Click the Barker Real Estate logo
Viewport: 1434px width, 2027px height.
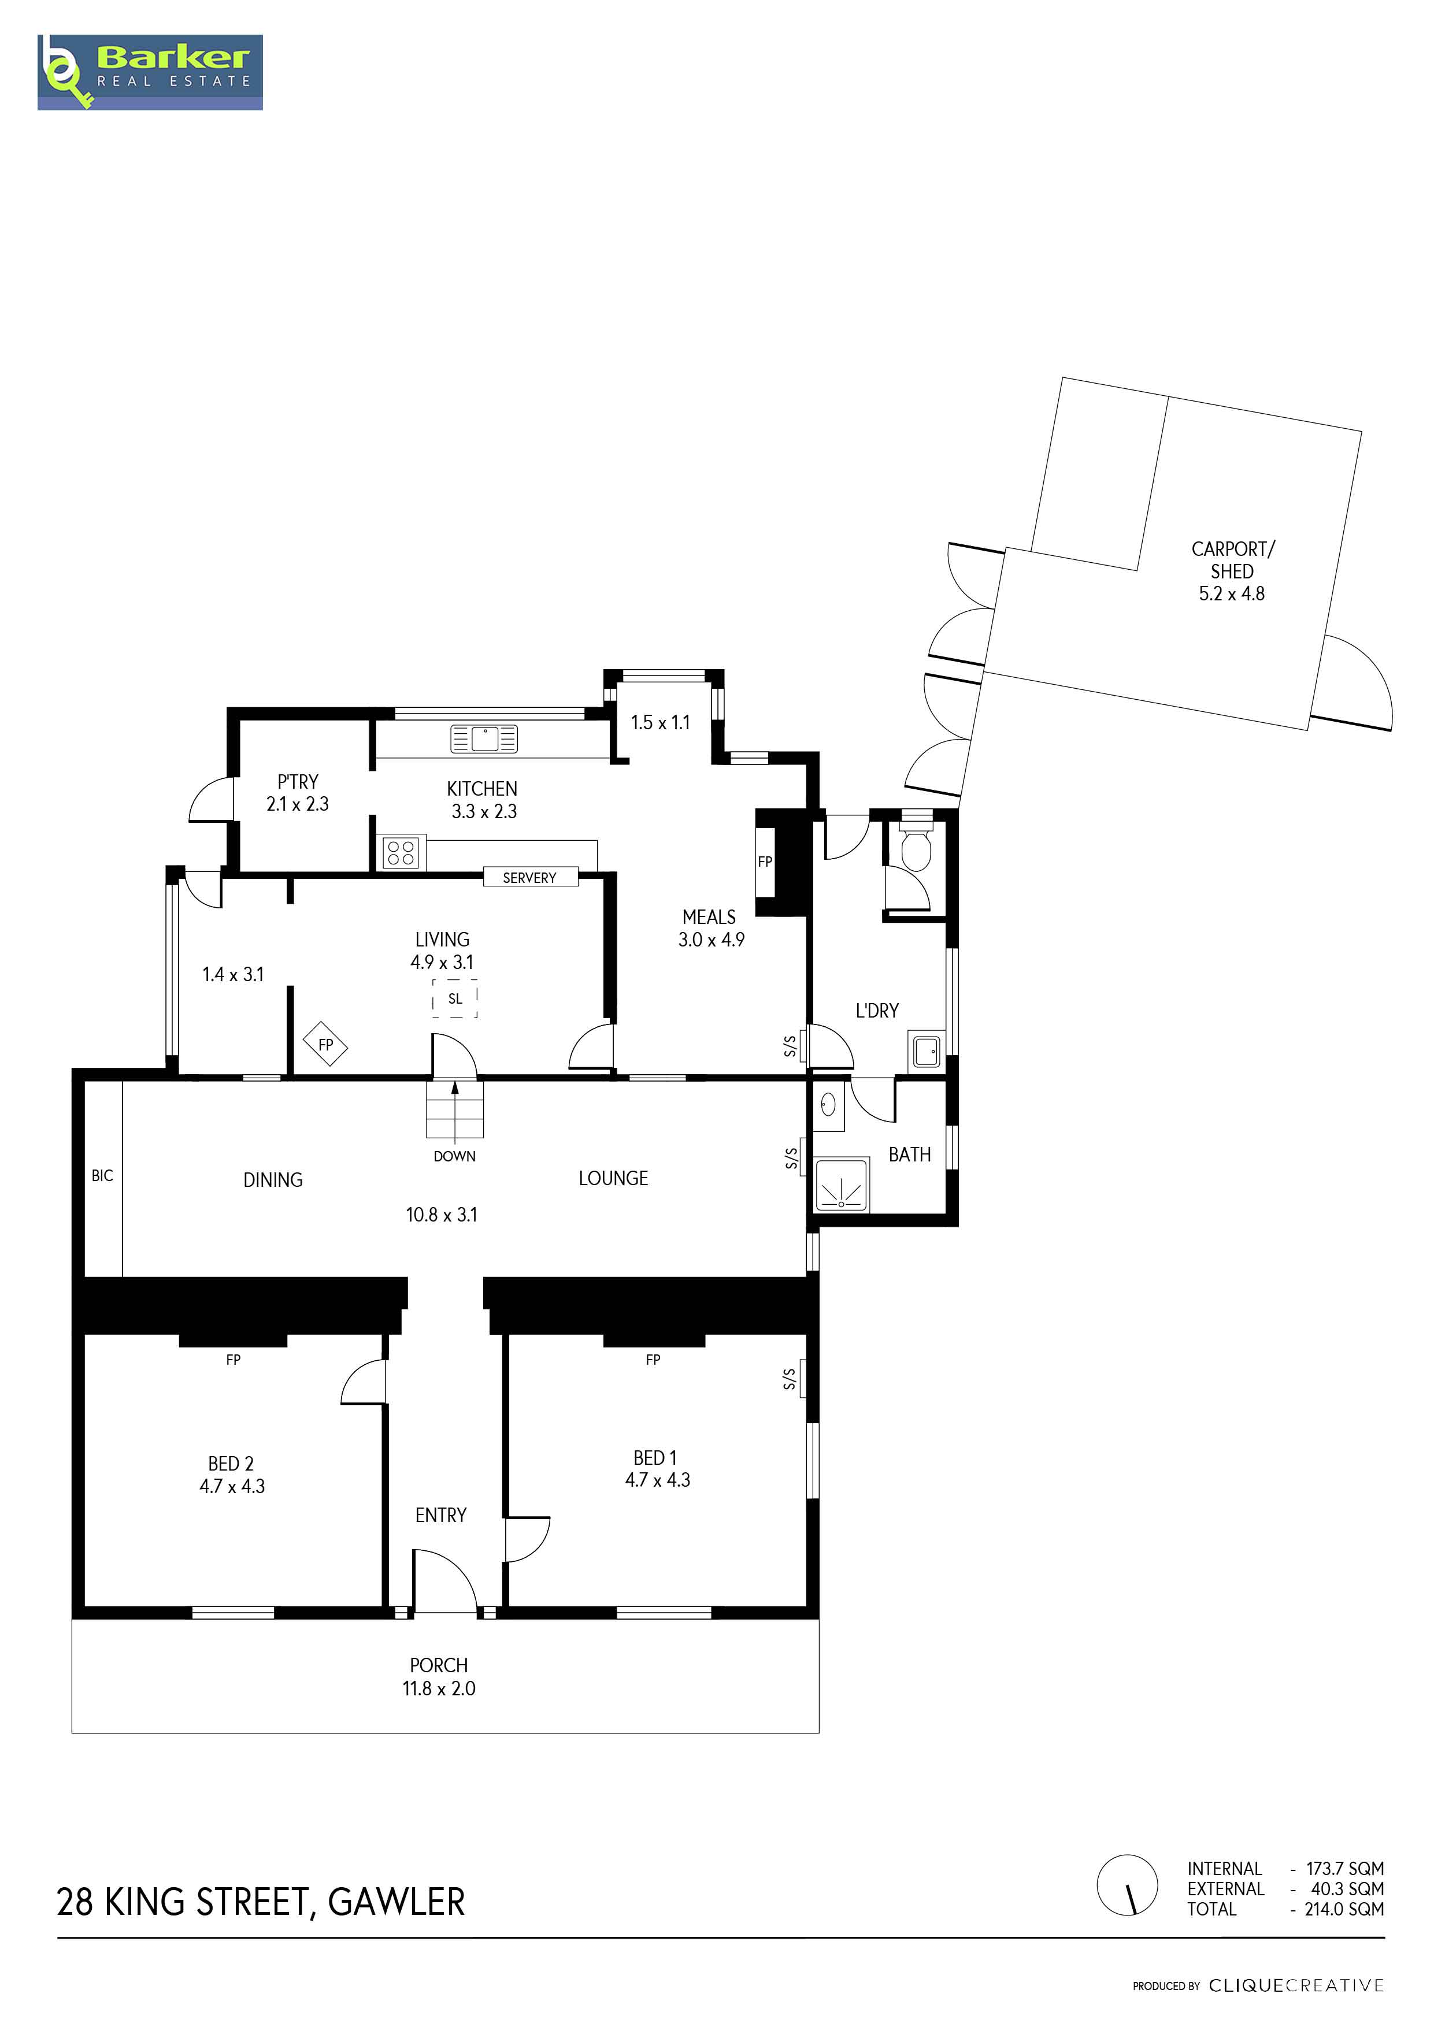coord(150,72)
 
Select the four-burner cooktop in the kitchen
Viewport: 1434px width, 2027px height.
coord(401,852)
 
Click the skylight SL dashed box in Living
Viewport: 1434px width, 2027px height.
coord(455,998)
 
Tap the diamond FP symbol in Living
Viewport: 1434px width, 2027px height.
coord(326,1044)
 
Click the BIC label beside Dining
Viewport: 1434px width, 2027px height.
coord(102,1175)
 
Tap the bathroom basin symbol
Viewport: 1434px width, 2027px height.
coord(828,1104)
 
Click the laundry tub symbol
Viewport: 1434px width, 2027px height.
coord(927,1052)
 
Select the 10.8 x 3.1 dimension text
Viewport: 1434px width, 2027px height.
coord(442,1215)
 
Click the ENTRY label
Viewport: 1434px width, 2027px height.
coord(440,1515)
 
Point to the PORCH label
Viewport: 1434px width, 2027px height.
coord(439,1665)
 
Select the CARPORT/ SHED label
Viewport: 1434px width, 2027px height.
coord(1233,560)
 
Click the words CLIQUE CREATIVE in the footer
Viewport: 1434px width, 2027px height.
coord(1296,1985)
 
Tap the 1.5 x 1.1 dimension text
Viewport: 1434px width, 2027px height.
coord(661,722)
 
